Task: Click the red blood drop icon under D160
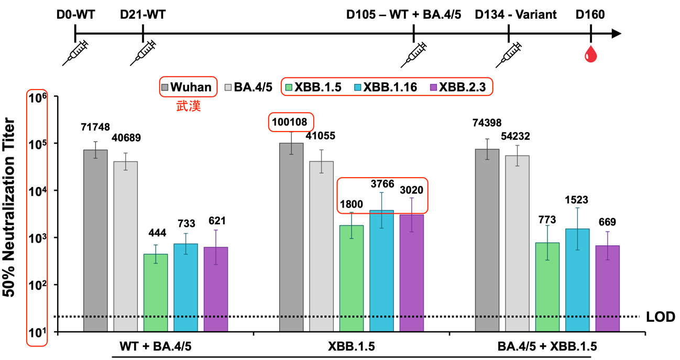[x=591, y=53]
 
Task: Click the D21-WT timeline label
[x=142, y=15]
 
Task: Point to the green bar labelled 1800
[x=352, y=278]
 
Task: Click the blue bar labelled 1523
[x=577, y=280]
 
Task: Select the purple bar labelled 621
[x=216, y=289]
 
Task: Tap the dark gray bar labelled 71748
[x=95, y=241]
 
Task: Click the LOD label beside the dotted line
[x=661, y=317]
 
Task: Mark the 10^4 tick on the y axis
[x=37, y=191]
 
